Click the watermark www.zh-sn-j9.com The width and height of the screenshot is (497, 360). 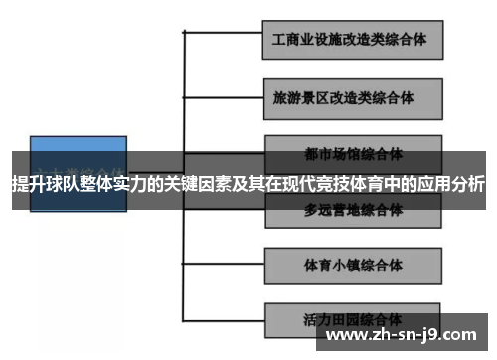402,334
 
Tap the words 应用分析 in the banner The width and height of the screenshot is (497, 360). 452,184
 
